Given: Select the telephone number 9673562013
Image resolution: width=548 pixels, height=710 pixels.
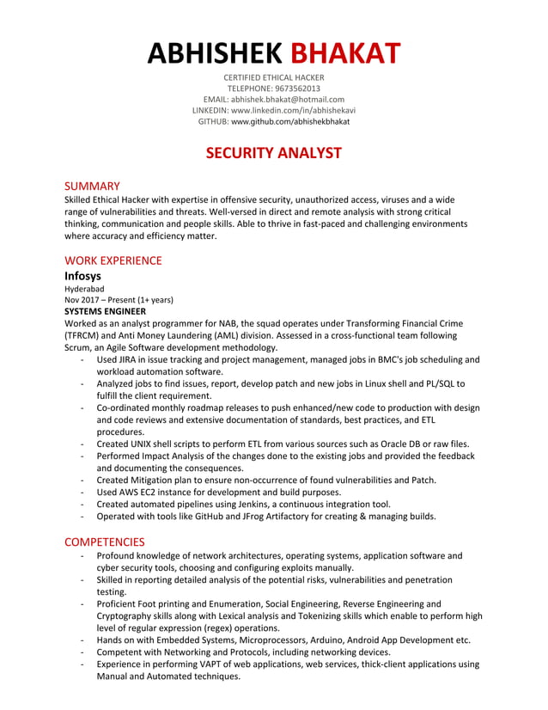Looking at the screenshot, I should tap(296, 89).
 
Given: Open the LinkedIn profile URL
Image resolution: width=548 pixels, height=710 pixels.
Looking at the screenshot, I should tap(293, 111).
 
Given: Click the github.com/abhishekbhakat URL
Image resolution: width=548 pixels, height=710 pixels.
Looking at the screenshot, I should tap(290, 122).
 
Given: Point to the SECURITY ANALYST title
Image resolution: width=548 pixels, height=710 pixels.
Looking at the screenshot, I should tap(273, 154).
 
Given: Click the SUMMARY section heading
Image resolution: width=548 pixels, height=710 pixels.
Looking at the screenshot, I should tap(92, 186).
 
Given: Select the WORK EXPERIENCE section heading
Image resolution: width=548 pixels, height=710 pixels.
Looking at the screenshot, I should tap(113, 260).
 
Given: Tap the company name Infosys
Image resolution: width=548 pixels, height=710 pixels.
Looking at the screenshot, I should tap(83, 276).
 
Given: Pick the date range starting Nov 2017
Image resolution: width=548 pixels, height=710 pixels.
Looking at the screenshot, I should tap(119, 300).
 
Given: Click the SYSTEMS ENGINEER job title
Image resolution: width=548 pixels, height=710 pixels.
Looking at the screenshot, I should tap(106, 311).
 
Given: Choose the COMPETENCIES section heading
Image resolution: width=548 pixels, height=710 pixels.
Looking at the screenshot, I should tap(105, 542).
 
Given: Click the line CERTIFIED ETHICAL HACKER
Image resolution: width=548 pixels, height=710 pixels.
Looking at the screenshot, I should tap(273, 77).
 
